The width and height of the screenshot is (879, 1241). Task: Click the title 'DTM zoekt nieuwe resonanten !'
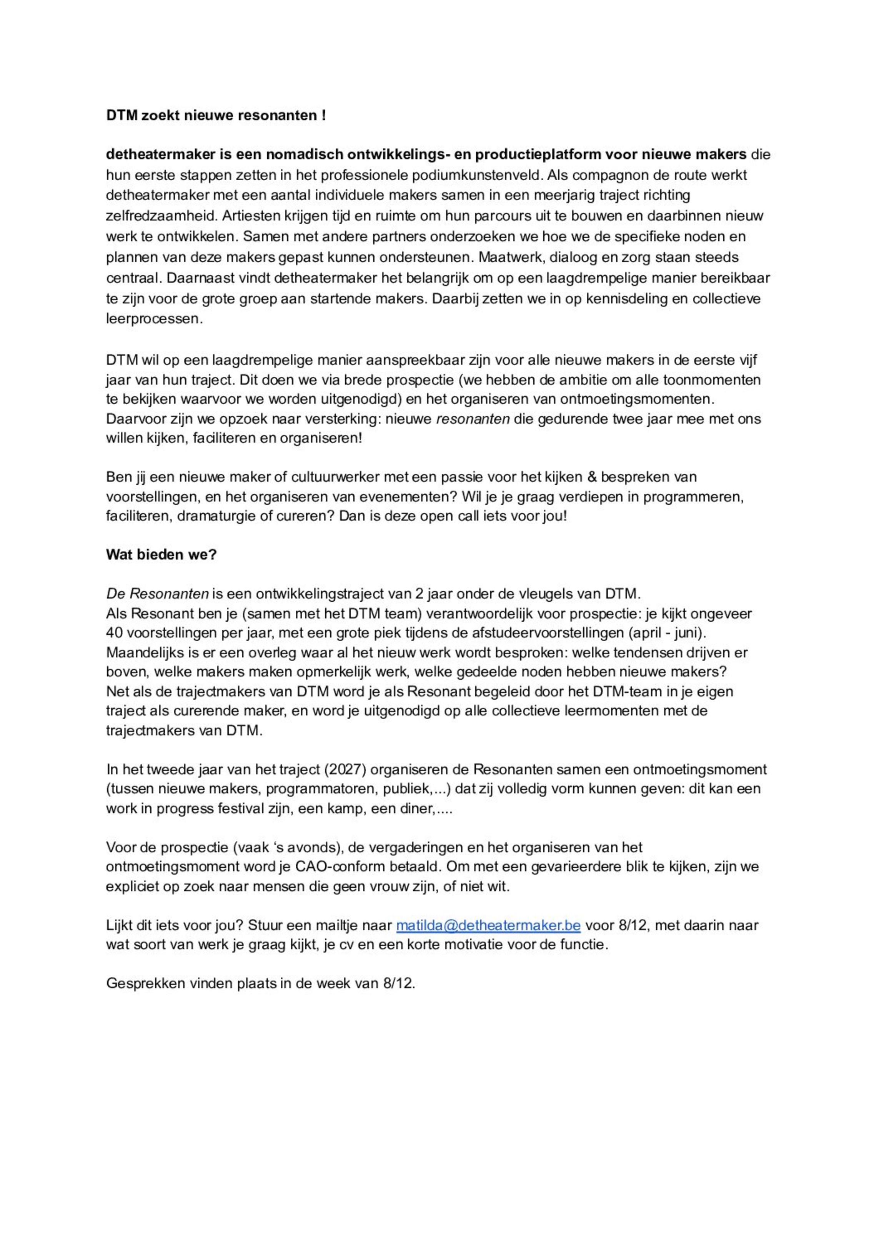pos(215,116)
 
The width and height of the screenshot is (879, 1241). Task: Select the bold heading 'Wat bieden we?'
pos(161,555)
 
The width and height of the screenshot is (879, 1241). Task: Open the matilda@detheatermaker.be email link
pos(488,925)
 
